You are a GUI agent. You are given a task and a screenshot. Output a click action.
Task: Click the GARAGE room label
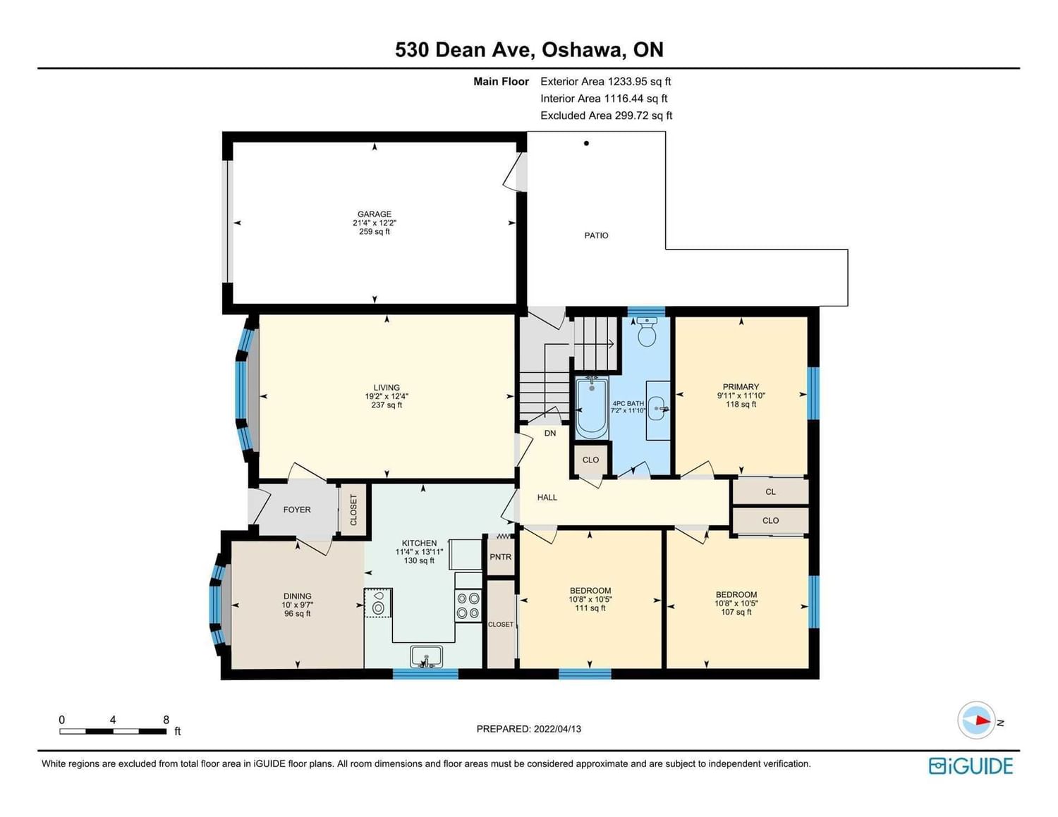(374, 214)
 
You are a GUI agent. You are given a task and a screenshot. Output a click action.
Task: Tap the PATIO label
(596, 235)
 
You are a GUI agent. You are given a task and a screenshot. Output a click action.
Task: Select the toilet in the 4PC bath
(647, 332)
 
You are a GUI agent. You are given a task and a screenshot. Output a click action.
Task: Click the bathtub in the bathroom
(592, 409)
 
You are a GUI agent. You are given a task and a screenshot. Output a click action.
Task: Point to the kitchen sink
(426, 656)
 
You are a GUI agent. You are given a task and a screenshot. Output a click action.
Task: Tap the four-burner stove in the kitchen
(468, 606)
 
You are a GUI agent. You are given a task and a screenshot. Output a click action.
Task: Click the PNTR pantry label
(500, 557)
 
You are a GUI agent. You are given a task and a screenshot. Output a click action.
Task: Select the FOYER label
(296, 510)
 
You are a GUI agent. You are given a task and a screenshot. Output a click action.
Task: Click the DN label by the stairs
(549, 433)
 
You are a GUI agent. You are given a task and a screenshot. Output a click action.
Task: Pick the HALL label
(547, 497)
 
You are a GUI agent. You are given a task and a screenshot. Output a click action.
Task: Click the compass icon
(976, 720)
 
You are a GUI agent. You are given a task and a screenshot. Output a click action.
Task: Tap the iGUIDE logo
(971, 766)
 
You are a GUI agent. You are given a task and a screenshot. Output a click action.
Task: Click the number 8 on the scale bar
(166, 720)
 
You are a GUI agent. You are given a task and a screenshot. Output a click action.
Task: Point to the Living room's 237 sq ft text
(387, 405)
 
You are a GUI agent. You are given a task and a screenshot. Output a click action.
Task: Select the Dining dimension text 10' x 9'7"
(298, 605)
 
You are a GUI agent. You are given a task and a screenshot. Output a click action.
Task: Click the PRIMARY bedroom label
(741, 387)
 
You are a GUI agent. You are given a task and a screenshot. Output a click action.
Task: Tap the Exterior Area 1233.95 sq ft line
(606, 82)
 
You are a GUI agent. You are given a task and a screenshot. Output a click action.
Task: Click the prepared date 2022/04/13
(557, 729)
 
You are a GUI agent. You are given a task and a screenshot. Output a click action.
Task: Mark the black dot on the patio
(586, 143)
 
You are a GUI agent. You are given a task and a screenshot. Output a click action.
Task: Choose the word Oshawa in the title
(584, 49)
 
